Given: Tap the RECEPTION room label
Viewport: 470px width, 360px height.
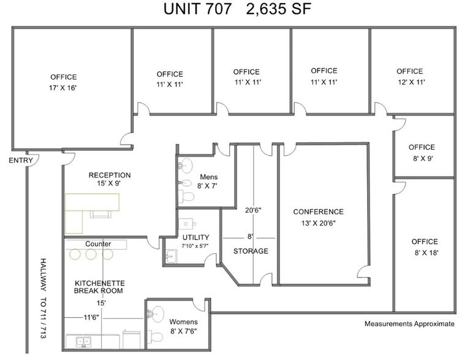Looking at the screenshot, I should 109,175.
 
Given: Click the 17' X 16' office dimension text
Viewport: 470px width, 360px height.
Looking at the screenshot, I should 63,88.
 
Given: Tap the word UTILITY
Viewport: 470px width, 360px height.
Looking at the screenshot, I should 195,237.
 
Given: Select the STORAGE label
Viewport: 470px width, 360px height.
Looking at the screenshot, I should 250,251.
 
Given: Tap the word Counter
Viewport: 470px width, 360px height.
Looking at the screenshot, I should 98,244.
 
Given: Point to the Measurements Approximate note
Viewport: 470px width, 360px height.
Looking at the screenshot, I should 409,324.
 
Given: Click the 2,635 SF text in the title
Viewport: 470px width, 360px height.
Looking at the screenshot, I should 279,10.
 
